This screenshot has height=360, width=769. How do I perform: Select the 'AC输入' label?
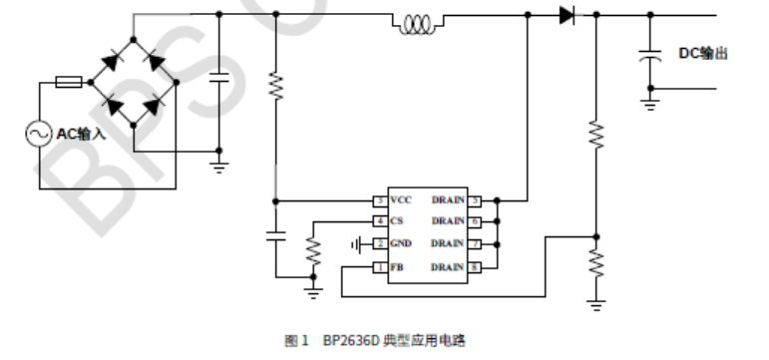pyautogui.click(x=81, y=134)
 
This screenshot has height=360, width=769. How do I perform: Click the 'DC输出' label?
pyautogui.click(x=703, y=53)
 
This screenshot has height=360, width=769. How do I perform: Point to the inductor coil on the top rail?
pyautogui.click(x=416, y=24)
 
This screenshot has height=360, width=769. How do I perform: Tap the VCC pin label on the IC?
pyautogui.click(x=401, y=199)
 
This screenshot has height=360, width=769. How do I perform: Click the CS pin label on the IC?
pyautogui.click(x=396, y=221)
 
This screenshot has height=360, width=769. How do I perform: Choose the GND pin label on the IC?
pyautogui.click(x=400, y=244)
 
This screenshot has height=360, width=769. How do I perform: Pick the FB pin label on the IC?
pyautogui.click(x=396, y=267)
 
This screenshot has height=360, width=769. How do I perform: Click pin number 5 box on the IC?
pyautogui.click(x=476, y=199)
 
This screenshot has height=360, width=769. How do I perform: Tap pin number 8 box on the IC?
pyautogui.click(x=476, y=267)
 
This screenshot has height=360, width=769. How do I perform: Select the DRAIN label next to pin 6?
pyautogui.click(x=448, y=221)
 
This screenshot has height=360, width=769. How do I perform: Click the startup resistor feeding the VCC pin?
pyautogui.click(x=276, y=88)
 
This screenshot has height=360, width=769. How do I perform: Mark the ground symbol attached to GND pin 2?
pyautogui.click(x=357, y=244)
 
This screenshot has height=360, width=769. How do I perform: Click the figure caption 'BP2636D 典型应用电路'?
pyautogui.click(x=394, y=340)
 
